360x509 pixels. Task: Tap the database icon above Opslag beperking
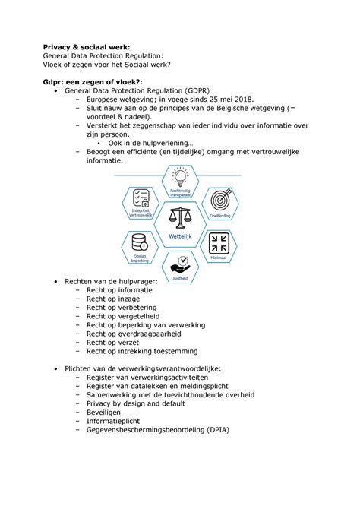click(141, 242)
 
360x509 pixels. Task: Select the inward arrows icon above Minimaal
click(219, 242)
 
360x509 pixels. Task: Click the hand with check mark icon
click(180, 264)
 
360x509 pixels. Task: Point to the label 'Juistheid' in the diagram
click(181, 277)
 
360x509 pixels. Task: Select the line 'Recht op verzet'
click(111, 341)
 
